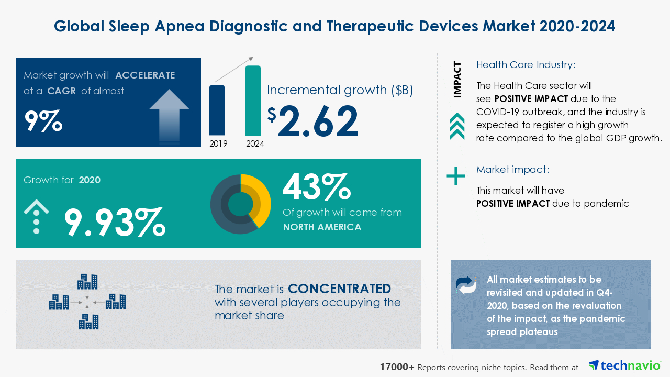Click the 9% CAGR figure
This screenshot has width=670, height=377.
[x=43, y=120]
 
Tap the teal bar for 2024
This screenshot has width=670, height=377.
[x=253, y=101]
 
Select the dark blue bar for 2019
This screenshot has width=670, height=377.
[x=217, y=110]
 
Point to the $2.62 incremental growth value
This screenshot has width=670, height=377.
[x=313, y=121]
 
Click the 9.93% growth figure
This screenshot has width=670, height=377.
[x=115, y=222]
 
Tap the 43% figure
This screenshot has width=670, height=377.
[x=316, y=187]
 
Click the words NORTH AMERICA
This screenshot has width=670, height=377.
[x=322, y=227]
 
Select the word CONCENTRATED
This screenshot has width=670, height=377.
[x=339, y=289]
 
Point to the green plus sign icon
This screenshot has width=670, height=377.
[x=456, y=176]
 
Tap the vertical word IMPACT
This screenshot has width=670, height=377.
[x=457, y=80]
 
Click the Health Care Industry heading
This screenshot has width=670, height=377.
[x=526, y=65]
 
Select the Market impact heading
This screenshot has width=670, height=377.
[x=512, y=170]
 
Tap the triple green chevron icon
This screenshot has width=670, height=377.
[x=457, y=126]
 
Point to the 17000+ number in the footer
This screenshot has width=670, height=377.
[x=397, y=367]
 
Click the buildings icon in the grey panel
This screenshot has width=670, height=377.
[x=87, y=302]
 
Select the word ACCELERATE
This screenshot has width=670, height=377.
[x=145, y=75]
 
